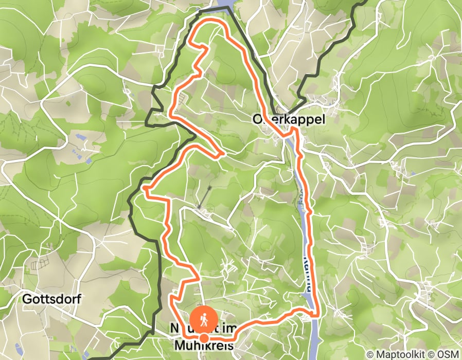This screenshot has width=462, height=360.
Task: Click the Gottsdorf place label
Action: [51, 299]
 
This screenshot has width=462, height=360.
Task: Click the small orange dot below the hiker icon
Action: [204, 338]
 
